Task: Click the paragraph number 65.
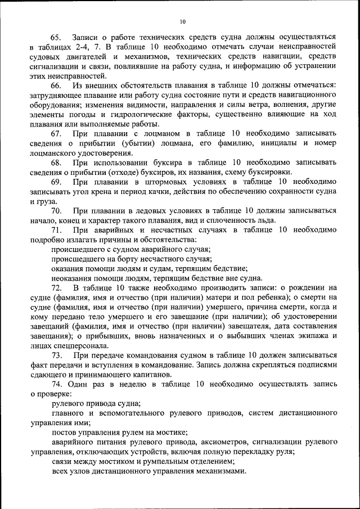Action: click(x=58, y=37)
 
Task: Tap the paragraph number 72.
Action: click(x=58, y=287)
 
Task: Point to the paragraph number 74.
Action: click(x=58, y=384)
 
